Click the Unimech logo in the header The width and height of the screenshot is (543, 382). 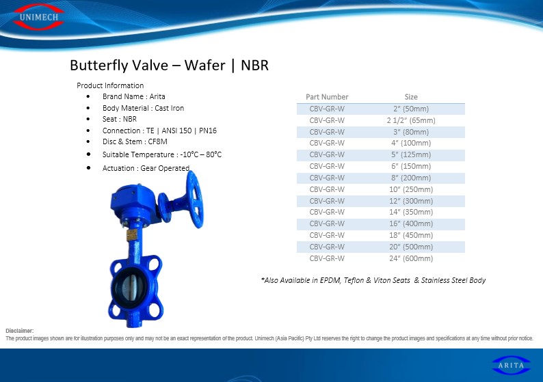click(39, 17)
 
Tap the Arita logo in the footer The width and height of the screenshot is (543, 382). click(511, 366)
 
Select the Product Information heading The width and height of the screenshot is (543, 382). click(110, 85)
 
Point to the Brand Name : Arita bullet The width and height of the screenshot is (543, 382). click(133, 96)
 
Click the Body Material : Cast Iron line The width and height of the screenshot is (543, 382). click(143, 108)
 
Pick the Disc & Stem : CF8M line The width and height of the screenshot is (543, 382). click(135, 141)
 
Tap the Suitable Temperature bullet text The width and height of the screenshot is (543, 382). click(162, 154)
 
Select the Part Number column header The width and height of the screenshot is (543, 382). click(327, 97)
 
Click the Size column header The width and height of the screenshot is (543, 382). click(411, 97)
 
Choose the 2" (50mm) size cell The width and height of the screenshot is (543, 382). click(411, 109)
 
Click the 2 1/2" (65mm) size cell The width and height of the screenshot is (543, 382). click(411, 120)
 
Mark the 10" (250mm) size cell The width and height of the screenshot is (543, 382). click(411, 189)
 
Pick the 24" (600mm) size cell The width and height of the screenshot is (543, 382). click(411, 258)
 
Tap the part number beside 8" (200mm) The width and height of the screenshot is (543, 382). click(327, 178)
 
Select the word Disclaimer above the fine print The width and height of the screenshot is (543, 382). click(20, 331)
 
